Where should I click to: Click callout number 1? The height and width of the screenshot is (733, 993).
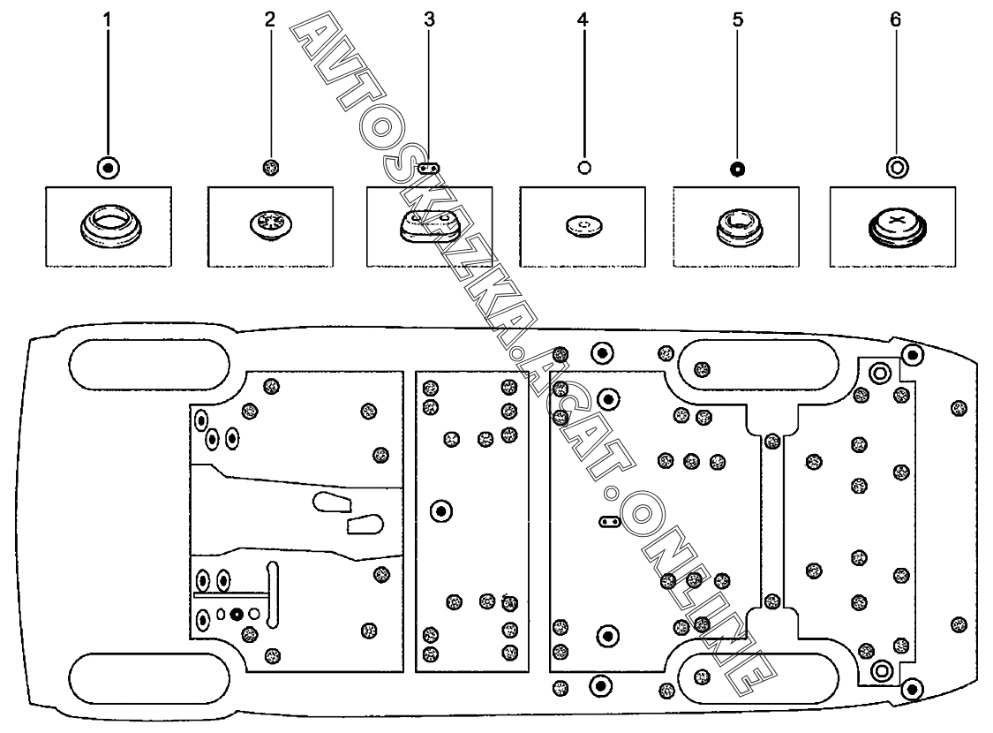click(x=107, y=20)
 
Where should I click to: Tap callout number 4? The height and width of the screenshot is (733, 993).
click(x=583, y=20)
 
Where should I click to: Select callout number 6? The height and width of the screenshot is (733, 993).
click(x=895, y=20)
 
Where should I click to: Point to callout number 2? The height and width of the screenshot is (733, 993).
click(x=270, y=20)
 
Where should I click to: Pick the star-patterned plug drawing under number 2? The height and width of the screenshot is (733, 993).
click(x=270, y=225)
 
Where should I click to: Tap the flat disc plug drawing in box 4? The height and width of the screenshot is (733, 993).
click(x=584, y=225)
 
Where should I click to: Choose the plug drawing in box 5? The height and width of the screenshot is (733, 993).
click(x=735, y=228)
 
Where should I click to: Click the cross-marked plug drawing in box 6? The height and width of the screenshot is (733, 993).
click(x=897, y=228)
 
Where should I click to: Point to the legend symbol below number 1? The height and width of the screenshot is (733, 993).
click(x=109, y=168)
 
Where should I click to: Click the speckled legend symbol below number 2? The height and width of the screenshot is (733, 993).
click(x=271, y=167)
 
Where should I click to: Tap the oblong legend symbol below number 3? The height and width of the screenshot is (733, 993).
click(x=429, y=168)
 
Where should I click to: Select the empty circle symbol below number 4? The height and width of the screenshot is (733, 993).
click(x=584, y=167)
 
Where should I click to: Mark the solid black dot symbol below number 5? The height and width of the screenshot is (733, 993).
click(x=737, y=170)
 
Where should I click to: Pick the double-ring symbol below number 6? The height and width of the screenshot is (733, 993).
click(x=897, y=168)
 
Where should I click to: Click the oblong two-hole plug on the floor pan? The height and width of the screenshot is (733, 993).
click(x=608, y=522)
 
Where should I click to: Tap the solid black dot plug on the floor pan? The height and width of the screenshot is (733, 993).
click(x=237, y=614)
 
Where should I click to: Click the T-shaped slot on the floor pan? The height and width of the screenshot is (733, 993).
click(x=273, y=595)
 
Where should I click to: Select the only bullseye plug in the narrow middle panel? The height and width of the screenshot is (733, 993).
click(x=441, y=510)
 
